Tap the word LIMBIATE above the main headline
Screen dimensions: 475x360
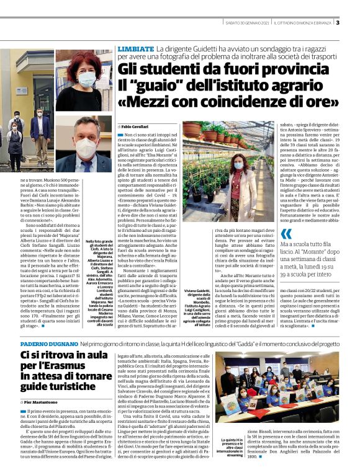(135, 48)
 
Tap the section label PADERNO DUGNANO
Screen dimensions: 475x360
(48, 343)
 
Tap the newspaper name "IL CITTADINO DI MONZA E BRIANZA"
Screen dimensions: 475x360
(308, 24)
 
